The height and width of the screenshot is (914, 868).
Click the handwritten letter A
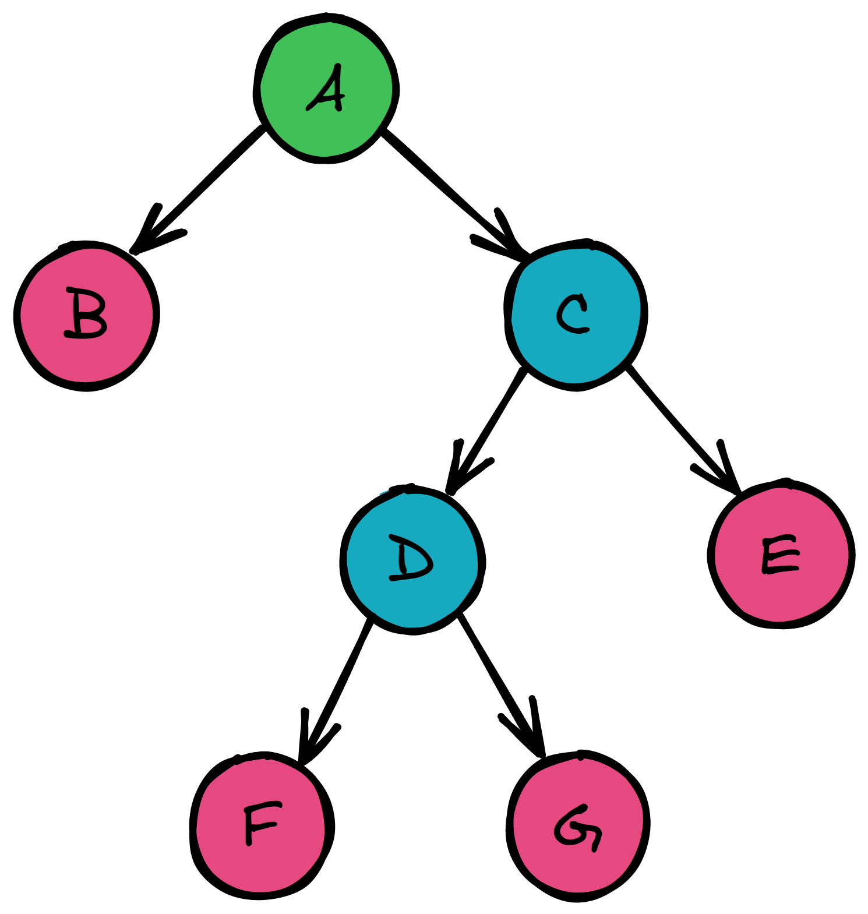click(x=327, y=89)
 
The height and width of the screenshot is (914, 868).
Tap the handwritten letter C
click(x=573, y=314)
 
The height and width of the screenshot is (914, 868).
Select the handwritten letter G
click(x=577, y=827)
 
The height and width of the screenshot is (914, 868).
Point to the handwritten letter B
click(x=86, y=313)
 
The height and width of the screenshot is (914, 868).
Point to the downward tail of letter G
click(x=596, y=842)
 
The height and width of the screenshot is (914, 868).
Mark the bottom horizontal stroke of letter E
click(x=781, y=569)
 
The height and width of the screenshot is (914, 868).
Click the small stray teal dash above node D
click(x=384, y=493)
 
